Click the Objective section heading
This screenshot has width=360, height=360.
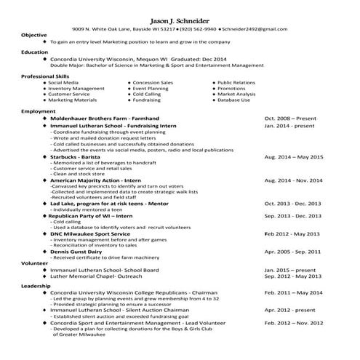(x=34, y=35)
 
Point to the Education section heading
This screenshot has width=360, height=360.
(x=35, y=52)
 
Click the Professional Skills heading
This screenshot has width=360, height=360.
(x=46, y=76)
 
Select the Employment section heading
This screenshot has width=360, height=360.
(x=39, y=111)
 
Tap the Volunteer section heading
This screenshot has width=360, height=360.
(x=35, y=263)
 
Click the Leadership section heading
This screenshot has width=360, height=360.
(x=36, y=286)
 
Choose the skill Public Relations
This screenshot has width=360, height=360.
(x=236, y=82)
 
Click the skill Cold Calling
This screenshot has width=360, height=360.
(x=147, y=94)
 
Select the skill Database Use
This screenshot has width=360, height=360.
(x=233, y=100)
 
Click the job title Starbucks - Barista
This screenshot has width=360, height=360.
(x=79, y=156)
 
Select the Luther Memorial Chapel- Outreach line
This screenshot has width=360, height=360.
(x=95, y=276)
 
